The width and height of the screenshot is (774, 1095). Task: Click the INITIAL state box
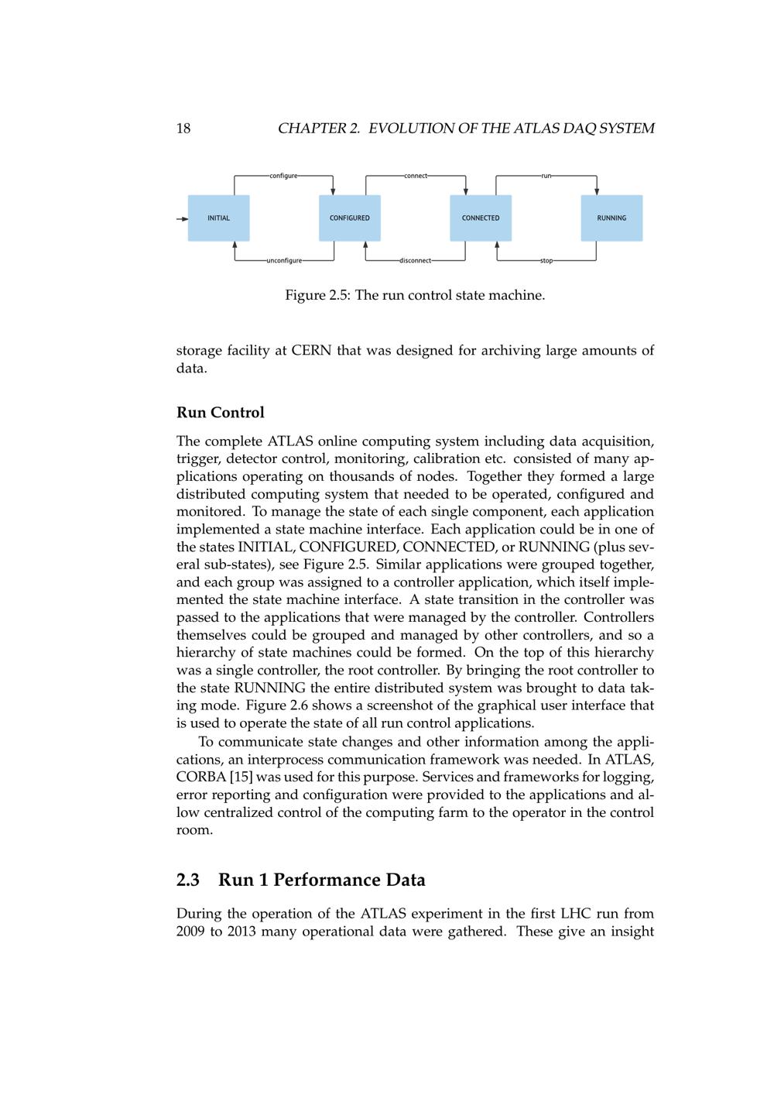click(219, 218)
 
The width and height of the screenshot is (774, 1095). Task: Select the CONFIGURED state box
click(350, 218)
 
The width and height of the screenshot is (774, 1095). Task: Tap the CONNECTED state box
click(481, 218)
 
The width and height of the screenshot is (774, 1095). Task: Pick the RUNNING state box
click(611, 218)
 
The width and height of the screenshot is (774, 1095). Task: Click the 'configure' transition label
click(283, 176)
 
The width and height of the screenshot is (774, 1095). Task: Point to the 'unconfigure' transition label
click(284, 261)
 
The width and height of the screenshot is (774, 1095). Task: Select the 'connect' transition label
click(416, 176)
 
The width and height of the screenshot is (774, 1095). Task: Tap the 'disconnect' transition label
click(415, 261)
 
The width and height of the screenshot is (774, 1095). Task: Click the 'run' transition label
click(546, 176)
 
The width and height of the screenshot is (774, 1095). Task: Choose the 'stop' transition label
click(546, 261)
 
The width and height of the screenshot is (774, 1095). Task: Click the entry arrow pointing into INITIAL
click(182, 218)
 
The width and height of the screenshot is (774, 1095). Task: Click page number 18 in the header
click(183, 129)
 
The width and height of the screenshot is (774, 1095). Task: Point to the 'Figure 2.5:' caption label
click(318, 295)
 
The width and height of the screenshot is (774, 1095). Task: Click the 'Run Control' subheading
click(221, 413)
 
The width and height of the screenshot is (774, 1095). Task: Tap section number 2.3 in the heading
click(188, 880)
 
